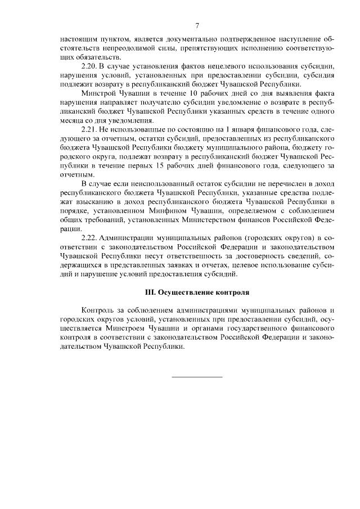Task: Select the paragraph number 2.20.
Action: tap(91, 66)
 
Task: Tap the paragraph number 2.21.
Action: tap(91, 128)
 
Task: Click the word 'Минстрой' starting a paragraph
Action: tap(98, 93)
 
